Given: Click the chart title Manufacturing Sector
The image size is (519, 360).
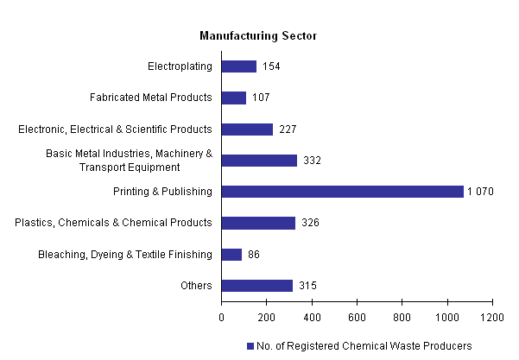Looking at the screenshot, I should (258, 36).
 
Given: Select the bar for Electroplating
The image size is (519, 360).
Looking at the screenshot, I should (239, 66).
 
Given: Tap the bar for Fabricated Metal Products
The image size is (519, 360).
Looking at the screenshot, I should (234, 98).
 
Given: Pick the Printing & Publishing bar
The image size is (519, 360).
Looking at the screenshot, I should (343, 192).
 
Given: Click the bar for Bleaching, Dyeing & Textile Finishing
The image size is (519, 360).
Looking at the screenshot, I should (231, 255).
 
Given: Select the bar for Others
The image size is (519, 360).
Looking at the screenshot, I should (257, 286).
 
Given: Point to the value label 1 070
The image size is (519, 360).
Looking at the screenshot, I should (480, 192).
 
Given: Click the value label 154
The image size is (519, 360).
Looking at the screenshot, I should (272, 66).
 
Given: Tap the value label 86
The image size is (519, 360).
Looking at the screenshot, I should (254, 255).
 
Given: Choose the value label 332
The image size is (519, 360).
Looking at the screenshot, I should (313, 161).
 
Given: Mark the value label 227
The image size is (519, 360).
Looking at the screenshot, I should (288, 129).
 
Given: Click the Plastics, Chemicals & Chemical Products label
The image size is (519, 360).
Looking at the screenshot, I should (113, 223).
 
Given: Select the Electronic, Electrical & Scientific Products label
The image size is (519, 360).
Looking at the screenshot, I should (115, 129).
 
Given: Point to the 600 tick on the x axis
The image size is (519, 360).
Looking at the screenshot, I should (357, 316).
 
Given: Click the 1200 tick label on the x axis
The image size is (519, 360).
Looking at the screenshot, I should (492, 316).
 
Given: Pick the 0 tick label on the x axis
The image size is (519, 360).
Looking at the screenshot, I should (222, 316).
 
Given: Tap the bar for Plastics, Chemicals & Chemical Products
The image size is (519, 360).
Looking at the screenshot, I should (258, 223).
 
